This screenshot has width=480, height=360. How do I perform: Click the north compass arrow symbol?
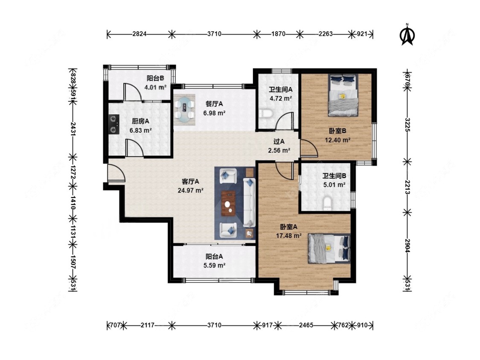click(x=407, y=34)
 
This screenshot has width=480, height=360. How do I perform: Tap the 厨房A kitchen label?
click(x=140, y=121)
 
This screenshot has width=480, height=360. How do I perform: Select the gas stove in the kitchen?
click(x=114, y=124)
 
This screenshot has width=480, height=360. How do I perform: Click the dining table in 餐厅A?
click(x=185, y=110)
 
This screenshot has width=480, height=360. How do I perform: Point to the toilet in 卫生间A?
click(x=265, y=113)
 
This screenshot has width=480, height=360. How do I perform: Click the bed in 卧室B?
click(x=343, y=95)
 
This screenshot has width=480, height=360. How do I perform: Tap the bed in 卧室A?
click(x=329, y=249)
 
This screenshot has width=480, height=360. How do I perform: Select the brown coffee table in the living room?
click(x=228, y=203)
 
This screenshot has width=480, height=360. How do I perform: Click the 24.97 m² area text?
click(x=191, y=190)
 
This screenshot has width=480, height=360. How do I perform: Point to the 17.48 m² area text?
click(x=289, y=236)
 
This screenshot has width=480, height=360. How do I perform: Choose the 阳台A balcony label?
click(x=214, y=256)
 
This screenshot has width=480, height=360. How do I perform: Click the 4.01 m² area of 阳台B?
click(x=155, y=87)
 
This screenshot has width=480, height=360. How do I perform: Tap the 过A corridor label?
click(x=279, y=142)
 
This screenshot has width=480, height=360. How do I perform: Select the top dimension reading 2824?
click(x=139, y=34)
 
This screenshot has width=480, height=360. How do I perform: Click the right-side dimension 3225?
click(x=407, y=125)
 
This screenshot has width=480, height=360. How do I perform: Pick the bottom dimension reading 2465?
click(x=306, y=325)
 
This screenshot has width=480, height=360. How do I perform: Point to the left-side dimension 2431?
click(x=73, y=129)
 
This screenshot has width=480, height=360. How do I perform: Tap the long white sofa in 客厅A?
click(x=249, y=203)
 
